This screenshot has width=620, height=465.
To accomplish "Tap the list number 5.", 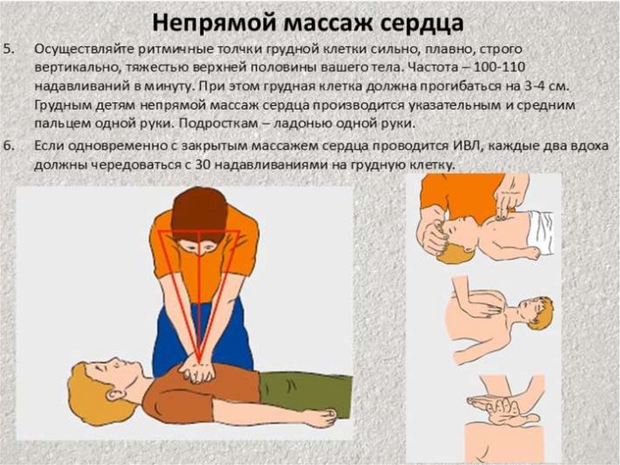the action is click(x=8, y=49).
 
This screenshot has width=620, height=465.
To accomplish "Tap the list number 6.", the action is click(x=8, y=146).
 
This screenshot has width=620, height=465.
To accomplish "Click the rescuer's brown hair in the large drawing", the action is click(x=199, y=212).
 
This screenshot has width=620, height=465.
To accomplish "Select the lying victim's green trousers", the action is click(x=305, y=394).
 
